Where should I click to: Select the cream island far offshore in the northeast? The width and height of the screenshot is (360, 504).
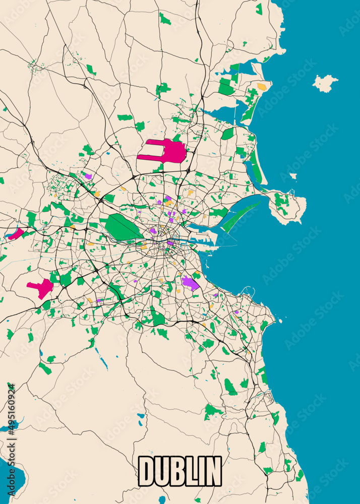[325, 83]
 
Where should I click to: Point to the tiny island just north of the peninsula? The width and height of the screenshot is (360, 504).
[293, 176]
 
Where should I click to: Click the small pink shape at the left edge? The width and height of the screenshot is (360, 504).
[16, 234]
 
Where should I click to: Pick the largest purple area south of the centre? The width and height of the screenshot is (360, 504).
[190, 283]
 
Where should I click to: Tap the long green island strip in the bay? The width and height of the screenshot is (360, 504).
[241, 216]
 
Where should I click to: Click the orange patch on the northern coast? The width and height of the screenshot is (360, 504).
[262, 87]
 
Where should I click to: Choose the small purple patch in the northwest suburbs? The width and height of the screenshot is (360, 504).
[88, 176]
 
